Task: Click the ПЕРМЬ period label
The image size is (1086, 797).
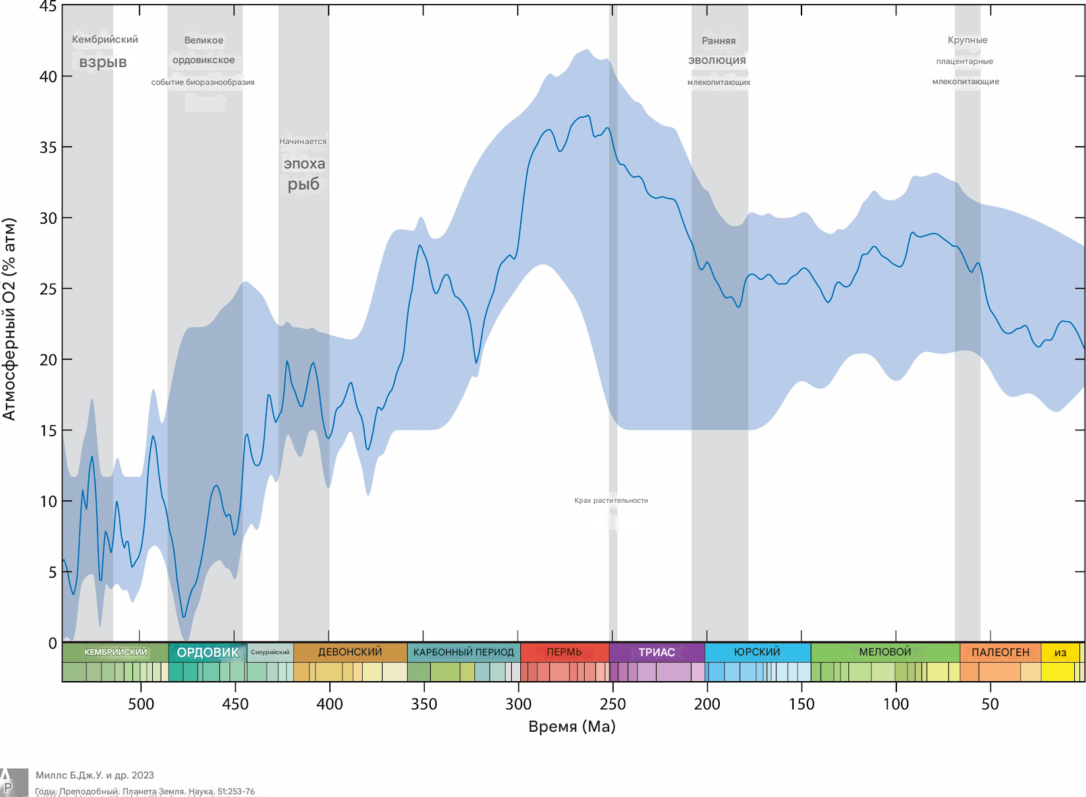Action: click(x=564, y=652)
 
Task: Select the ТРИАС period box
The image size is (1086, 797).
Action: click(x=657, y=652)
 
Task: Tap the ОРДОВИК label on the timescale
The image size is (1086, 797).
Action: click(x=207, y=652)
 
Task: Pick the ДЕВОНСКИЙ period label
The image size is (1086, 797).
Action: click(x=350, y=652)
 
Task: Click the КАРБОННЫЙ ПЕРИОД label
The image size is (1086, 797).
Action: click(x=464, y=652)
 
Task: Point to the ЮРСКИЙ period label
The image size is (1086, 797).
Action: click(x=757, y=652)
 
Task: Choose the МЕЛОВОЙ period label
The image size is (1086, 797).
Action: click(x=885, y=652)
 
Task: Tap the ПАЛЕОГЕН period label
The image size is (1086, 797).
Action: click(x=1000, y=652)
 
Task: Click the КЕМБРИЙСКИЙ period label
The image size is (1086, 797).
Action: click(x=116, y=652)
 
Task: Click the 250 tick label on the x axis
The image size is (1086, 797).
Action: click(x=612, y=704)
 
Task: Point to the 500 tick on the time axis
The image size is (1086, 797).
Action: click(x=141, y=704)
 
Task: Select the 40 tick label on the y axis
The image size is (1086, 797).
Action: click(x=48, y=76)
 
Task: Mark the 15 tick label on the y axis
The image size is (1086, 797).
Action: click(x=48, y=430)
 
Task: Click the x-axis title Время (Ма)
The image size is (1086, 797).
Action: click(x=572, y=727)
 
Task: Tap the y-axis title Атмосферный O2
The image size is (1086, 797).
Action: click(x=9, y=319)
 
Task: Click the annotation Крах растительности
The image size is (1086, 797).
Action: click(x=611, y=500)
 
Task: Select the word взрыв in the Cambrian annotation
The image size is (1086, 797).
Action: click(x=103, y=63)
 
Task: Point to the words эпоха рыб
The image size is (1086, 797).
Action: click(x=304, y=174)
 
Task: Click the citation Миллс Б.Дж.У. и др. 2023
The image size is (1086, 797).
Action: click(x=95, y=775)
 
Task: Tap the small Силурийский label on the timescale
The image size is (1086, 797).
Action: click(x=270, y=652)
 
